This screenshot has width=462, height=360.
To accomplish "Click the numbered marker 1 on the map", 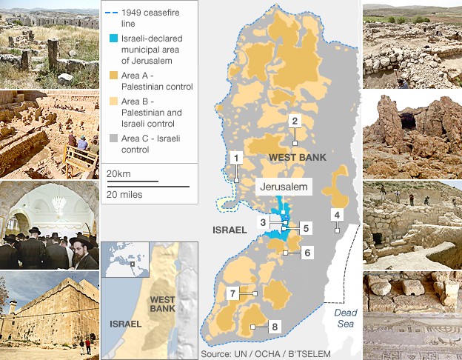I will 236,157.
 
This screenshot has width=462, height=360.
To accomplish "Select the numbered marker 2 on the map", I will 295,121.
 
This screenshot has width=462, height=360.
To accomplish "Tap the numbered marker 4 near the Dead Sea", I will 337,216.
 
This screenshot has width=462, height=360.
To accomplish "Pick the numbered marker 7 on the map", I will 232,294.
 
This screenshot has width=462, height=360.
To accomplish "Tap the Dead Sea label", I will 344,318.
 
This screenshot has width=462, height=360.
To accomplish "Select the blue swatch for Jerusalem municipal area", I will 113,39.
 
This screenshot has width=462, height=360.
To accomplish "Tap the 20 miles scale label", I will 124,194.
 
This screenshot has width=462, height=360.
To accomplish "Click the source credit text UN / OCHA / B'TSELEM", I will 255,354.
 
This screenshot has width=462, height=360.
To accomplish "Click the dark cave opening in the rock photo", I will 408,121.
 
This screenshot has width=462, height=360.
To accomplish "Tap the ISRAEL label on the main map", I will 230,230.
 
